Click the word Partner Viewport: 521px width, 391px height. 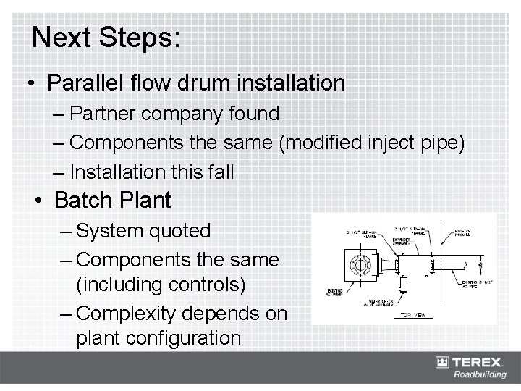107,114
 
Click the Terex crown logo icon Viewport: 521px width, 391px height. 442,362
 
